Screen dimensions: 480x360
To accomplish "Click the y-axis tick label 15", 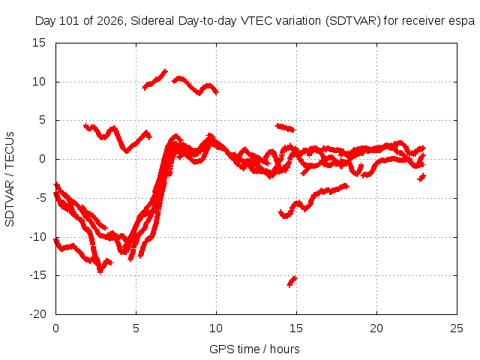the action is click(39, 43).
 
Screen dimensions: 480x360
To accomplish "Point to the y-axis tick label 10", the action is click(39, 82).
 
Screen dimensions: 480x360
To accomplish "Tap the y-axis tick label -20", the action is click(37, 314).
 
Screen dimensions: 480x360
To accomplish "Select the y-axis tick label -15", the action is click(37, 275).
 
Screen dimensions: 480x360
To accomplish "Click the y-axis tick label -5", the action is click(40, 198).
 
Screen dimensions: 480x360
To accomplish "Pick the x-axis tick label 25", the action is click(457, 328).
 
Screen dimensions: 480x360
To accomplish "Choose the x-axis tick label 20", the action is click(376, 328).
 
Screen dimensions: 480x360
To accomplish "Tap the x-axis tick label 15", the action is click(296, 328).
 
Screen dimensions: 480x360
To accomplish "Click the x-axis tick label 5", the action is click(136, 328).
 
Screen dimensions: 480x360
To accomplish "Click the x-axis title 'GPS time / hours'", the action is click(254, 349).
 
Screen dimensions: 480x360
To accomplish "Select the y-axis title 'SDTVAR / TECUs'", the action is click(10, 179).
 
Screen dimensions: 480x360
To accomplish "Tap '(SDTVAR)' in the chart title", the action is click(353, 22).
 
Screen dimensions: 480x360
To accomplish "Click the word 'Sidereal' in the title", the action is click(152, 21).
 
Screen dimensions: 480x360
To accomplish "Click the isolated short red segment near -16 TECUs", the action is click(292, 281).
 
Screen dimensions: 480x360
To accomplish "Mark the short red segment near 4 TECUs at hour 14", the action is click(285, 127).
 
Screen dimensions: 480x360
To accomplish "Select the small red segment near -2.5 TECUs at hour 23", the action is click(421, 177).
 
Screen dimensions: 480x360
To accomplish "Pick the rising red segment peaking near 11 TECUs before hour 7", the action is click(155, 79).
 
